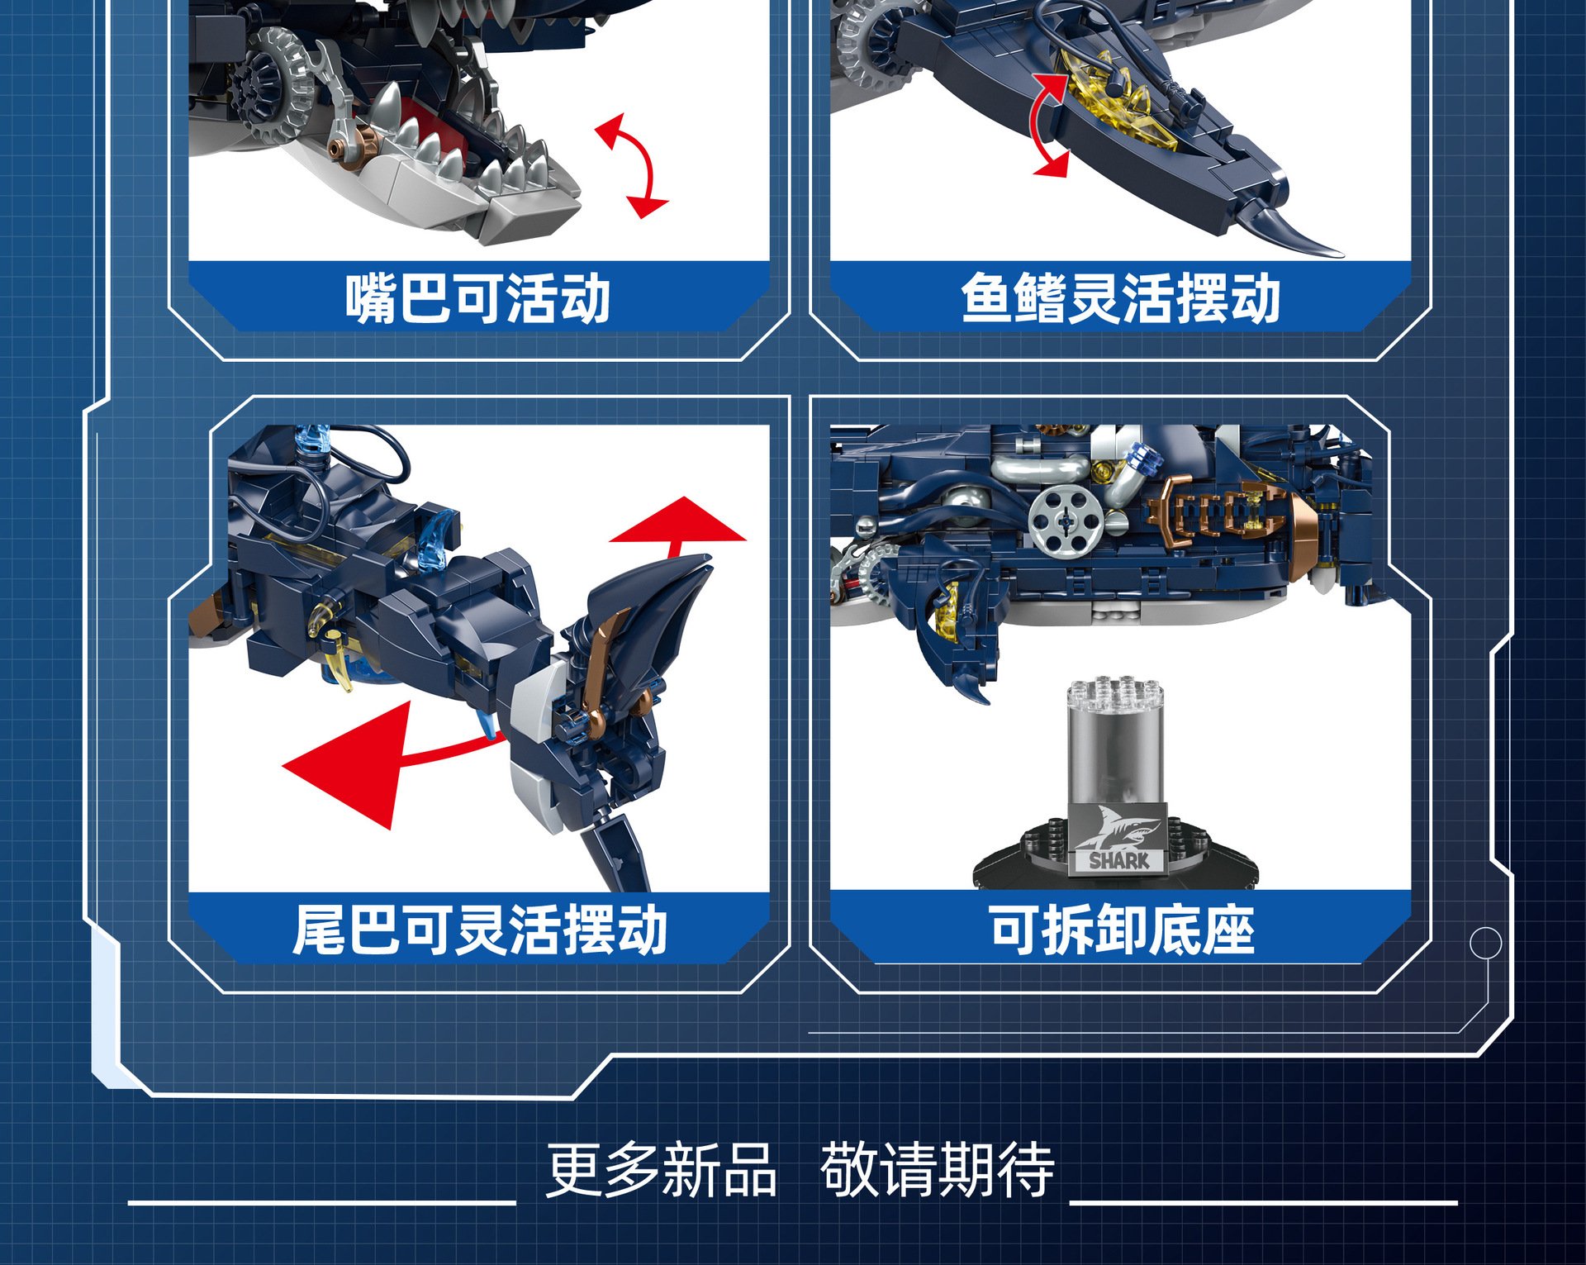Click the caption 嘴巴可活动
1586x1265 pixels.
coord(477,298)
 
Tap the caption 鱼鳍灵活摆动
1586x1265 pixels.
coord(1120,298)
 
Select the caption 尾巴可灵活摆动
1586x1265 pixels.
coord(480,930)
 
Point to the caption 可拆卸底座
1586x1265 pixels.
coord(1122,930)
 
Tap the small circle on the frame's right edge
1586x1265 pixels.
coord(1485,943)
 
